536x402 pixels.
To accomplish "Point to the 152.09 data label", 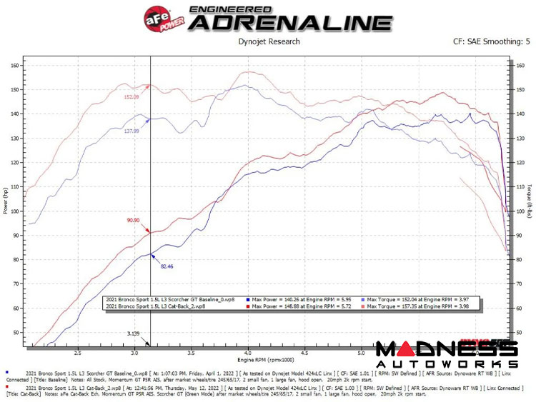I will click(x=131, y=97).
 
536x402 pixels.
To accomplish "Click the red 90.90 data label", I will click(x=133, y=221).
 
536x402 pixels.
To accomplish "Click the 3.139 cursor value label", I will click(x=133, y=333).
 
